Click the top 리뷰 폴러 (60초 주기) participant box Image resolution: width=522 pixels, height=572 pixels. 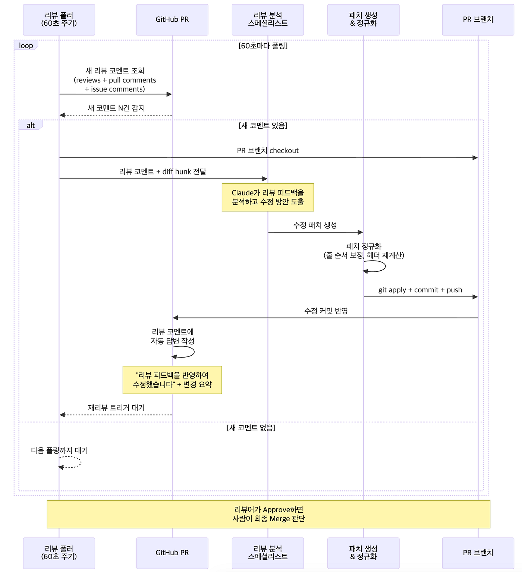click(59, 20)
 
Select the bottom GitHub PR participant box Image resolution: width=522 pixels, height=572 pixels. click(172, 553)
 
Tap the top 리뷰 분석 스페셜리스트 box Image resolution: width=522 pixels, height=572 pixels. click(268, 20)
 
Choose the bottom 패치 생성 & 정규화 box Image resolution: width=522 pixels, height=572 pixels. click(363, 553)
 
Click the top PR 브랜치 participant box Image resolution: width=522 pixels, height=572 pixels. click(478, 20)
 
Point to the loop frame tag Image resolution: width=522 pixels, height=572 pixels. click(26, 45)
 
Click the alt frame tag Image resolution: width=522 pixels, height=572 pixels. click(31, 125)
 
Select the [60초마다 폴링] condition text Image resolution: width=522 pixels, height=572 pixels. click(263, 45)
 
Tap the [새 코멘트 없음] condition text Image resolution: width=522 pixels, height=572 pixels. click(251, 427)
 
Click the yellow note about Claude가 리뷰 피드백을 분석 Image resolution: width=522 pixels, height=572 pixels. click(268, 197)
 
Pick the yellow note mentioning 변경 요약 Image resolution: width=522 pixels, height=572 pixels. click(172, 380)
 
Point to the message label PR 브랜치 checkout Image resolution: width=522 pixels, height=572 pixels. click(268, 151)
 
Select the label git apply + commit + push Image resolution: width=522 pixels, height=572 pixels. click(420, 290)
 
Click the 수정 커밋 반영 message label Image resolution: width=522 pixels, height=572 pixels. click(326, 311)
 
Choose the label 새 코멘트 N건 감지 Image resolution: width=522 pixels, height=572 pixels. click(116, 108)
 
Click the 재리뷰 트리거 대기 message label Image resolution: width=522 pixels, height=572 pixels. click(116, 408)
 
